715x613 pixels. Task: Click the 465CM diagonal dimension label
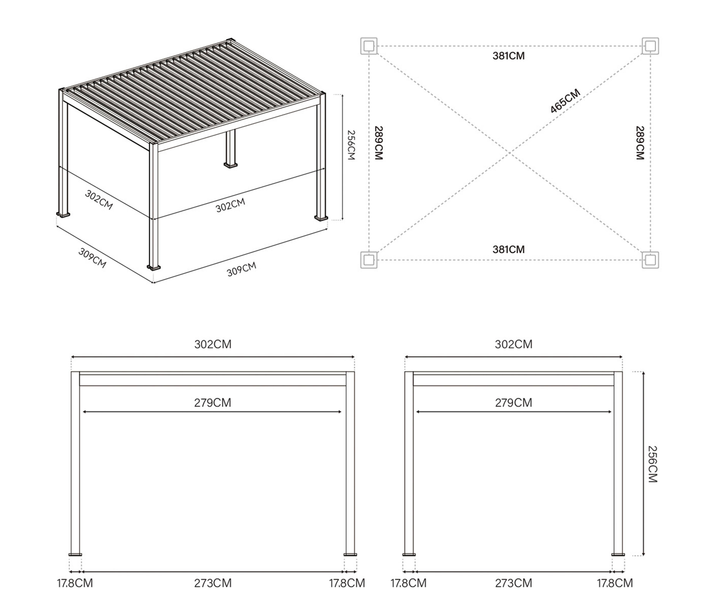pos(565,101)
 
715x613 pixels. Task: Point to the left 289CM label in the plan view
pos(379,143)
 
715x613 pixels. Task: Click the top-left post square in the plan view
pos(369,46)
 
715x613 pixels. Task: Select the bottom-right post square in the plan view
pos(650,260)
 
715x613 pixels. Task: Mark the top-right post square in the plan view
pos(650,46)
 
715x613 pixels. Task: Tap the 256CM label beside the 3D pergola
pos(351,145)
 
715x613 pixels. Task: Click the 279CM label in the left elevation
pos(213,403)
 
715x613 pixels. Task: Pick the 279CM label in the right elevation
pos(514,403)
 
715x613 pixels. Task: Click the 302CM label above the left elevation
pos(213,344)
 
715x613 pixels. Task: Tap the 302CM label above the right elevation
pos(514,344)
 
